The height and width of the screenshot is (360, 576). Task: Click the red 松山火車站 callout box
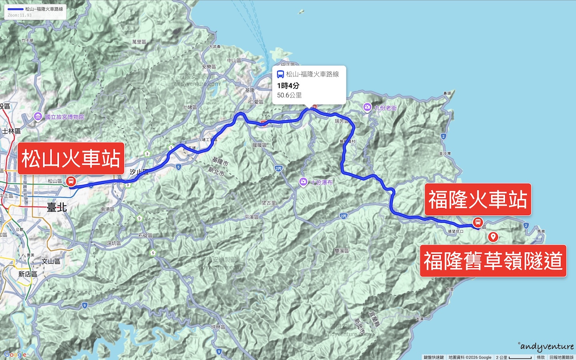(x=71, y=158)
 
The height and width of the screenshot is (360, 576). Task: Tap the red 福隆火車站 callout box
(x=478, y=199)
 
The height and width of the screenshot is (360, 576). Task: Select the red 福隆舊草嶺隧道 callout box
(x=493, y=261)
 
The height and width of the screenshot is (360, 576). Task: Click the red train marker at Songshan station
(x=71, y=181)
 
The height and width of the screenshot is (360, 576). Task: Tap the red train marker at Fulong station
(x=478, y=222)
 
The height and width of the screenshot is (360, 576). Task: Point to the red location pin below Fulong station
(x=493, y=237)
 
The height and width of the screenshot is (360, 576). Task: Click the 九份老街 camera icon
(x=367, y=107)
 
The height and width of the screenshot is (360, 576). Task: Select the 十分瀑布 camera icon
(x=303, y=182)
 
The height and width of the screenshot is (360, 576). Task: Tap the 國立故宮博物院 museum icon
(x=38, y=116)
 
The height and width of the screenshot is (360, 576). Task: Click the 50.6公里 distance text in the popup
(x=289, y=95)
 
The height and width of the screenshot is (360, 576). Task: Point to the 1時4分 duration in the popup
(x=288, y=86)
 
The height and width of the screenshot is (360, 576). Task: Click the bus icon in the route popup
(x=280, y=74)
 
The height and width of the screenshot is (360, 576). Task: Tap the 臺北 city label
(x=57, y=207)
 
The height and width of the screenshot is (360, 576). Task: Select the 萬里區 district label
(x=139, y=42)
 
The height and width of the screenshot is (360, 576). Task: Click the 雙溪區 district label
(x=342, y=251)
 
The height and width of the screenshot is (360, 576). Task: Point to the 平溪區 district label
(x=252, y=217)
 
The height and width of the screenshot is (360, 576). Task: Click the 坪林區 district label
(x=218, y=327)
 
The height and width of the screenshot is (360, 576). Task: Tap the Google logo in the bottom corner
(x=15, y=354)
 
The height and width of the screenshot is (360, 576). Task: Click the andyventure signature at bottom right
(x=547, y=346)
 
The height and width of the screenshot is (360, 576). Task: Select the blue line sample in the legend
(x=15, y=9)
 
